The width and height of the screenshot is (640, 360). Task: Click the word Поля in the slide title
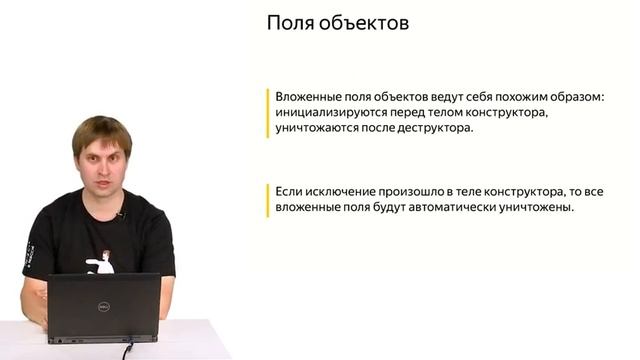(x=288, y=24)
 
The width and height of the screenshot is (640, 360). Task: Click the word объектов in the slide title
(x=361, y=24)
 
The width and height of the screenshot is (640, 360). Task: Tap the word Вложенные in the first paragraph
(x=310, y=97)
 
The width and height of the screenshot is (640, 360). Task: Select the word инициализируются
(x=337, y=113)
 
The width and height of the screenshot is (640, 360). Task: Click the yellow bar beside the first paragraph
(x=268, y=113)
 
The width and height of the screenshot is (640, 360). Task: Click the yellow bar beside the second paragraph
(x=268, y=200)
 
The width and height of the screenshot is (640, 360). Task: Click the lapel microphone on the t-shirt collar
(x=120, y=214)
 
